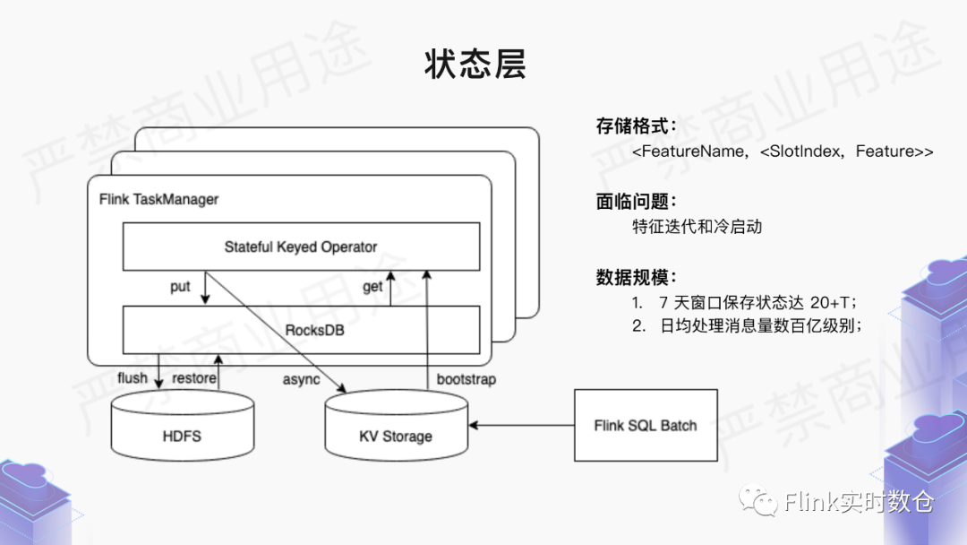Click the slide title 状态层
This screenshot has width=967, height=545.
coord(475,65)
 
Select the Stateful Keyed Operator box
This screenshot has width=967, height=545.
coord(301,247)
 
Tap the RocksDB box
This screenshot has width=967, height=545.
coord(301,330)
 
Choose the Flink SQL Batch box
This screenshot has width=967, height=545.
coord(646,425)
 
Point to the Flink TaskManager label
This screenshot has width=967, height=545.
coord(158,198)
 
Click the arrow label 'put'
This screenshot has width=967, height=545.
coord(180,287)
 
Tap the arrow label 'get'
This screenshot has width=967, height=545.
coord(372,287)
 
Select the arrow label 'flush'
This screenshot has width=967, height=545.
coord(133,378)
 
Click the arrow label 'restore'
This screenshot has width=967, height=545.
coord(194,378)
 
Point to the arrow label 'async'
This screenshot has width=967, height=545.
coord(301,379)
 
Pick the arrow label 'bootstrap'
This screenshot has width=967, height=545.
coord(466,379)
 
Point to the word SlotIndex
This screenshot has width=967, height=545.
coord(801,151)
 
